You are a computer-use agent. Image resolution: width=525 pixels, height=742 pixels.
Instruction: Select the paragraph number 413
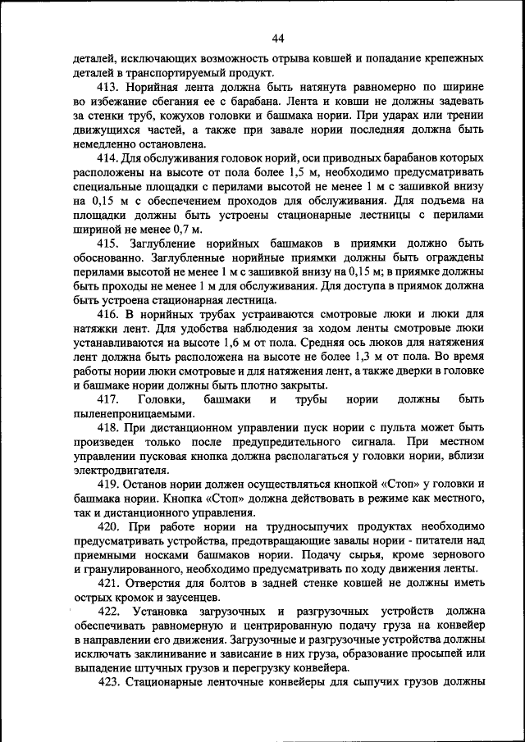click(109, 86)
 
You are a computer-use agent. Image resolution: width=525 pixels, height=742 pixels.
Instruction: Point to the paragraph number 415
click(109, 244)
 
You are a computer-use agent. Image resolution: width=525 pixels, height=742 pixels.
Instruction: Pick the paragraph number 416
click(109, 314)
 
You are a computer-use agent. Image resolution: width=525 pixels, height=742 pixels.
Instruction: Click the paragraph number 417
click(110, 399)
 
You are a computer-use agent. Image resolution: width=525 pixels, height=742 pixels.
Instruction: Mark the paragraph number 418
click(109, 428)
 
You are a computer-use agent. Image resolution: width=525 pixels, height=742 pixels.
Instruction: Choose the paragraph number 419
click(109, 485)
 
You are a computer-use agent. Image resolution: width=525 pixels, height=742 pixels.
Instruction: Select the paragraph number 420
click(109, 527)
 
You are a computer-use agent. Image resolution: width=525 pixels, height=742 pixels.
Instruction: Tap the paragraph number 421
click(109, 583)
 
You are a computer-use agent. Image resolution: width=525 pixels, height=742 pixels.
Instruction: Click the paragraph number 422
click(110, 612)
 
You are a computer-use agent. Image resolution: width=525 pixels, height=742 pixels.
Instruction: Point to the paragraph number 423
click(109, 682)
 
